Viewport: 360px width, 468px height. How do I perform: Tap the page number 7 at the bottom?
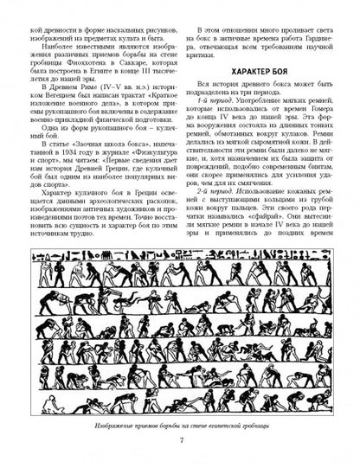tap(179, 445)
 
